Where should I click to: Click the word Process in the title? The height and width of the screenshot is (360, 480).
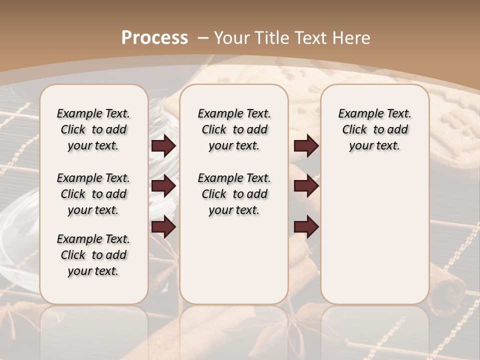coord(154,38)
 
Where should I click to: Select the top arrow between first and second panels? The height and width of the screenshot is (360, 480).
coord(163,146)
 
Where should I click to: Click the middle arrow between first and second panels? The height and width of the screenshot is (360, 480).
coord(163,186)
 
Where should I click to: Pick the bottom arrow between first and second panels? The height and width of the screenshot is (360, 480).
coord(163,227)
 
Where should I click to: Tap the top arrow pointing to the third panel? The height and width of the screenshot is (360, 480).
coord(306,146)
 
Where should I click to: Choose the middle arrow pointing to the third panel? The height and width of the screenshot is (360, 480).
coord(306,186)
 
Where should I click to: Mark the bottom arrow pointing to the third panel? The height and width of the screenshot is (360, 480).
coord(306,227)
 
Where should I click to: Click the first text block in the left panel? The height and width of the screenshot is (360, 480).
coord(93,129)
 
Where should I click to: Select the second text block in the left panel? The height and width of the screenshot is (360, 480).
coord(93,194)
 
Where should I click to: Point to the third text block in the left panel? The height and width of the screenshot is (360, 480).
coord(93,255)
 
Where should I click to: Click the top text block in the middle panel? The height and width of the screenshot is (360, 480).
coord(234,129)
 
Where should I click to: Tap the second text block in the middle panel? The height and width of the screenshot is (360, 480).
coord(234,194)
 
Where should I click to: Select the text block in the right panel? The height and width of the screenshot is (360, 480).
coord(374,129)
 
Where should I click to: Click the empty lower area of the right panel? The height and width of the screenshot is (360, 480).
coord(374,235)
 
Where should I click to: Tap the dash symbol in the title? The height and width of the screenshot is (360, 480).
coord(203,38)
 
